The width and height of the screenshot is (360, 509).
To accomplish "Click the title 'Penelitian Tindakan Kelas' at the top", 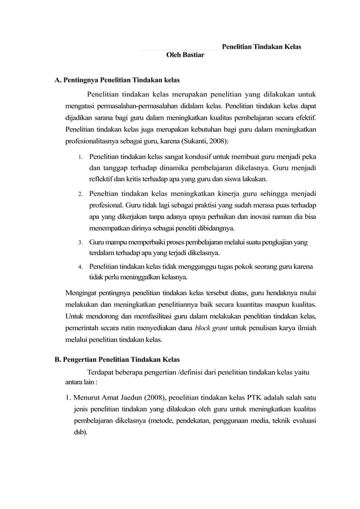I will coord(261,47).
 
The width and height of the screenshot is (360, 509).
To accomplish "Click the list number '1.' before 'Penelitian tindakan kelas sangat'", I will coord(81,156).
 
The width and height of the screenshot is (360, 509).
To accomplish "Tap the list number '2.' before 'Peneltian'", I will coord(81,194).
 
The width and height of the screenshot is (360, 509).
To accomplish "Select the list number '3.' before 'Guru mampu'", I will coord(81,243).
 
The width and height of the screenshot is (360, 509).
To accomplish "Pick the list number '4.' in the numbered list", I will coord(81,267).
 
